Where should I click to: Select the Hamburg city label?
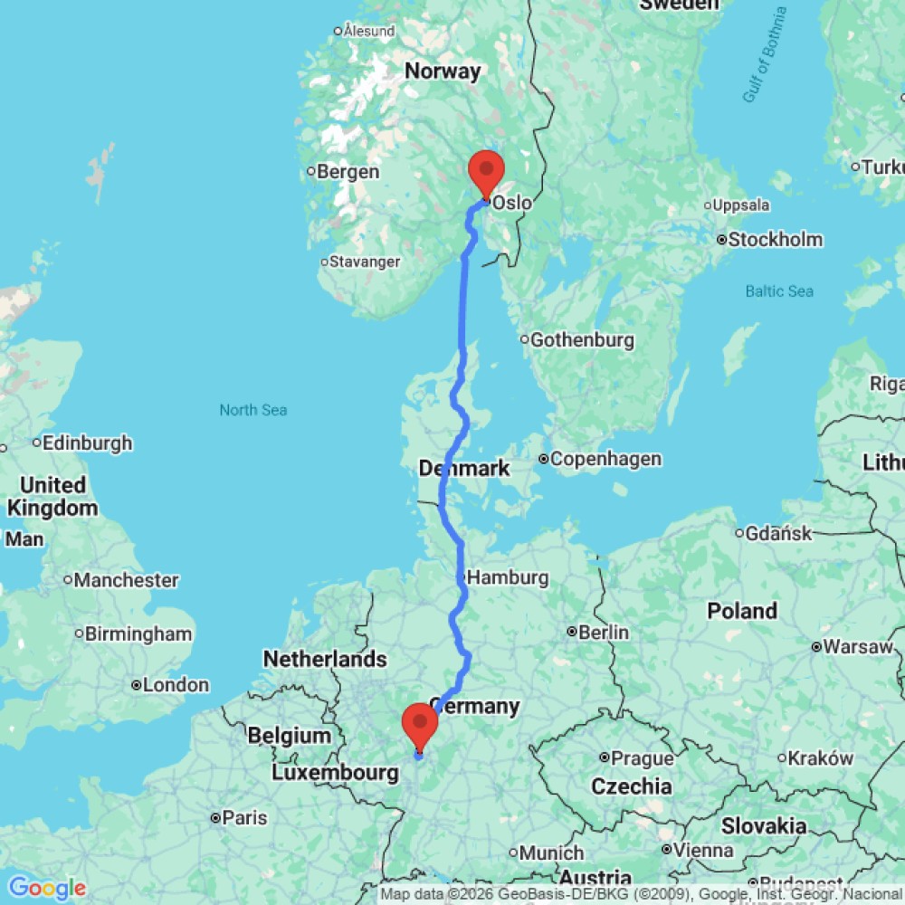[507, 577]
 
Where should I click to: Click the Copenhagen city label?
[605, 459]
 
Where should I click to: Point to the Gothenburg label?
[582, 340]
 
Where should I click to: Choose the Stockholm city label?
[776, 240]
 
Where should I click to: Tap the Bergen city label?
[348, 172]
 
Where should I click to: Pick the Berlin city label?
[604, 632]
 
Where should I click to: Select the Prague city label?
[643, 757]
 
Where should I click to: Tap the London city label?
[176, 685]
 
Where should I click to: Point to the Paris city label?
[244, 818]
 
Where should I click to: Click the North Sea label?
[253, 410]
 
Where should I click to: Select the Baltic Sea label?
[779, 291]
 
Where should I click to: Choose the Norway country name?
[443, 71]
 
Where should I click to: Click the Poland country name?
[742, 611]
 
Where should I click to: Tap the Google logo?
[46, 888]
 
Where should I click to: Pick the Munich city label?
[551, 853]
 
